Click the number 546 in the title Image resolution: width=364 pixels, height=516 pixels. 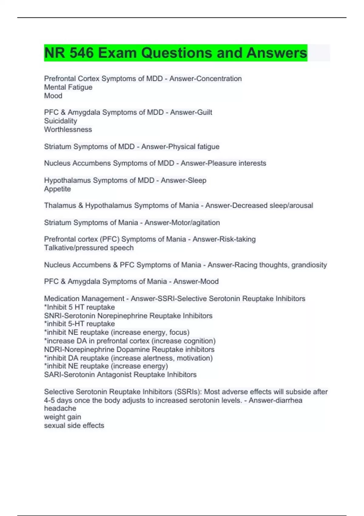pyautogui.click(x=81, y=53)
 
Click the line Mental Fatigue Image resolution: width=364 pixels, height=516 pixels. pyautogui.click(x=68, y=87)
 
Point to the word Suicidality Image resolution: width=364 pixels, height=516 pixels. pyautogui.click(x=61, y=121)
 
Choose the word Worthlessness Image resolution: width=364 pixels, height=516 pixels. pyautogui.click(x=68, y=129)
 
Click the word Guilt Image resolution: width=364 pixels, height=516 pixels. pyautogui.click(x=204, y=112)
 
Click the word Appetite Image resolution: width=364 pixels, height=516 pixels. pyautogui.click(x=57, y=189)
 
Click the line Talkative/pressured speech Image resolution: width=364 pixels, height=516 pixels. pyautogui.click(x=89, y=248)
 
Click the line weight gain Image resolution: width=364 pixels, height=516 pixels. pyautogui.click(x=62, y=417)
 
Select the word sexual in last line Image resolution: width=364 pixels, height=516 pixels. pyautogui.click(x=54, y=425)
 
